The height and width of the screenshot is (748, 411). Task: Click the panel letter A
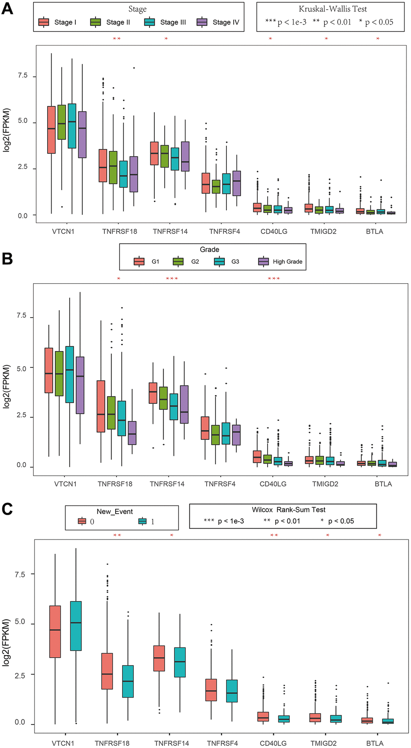click(7, 8)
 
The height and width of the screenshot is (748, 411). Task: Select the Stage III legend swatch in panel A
click(149, 22)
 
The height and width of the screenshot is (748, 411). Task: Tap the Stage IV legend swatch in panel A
click(202, 22)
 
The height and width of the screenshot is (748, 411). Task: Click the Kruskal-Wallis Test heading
click(332, 9)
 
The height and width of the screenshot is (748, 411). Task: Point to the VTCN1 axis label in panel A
click(63, 232)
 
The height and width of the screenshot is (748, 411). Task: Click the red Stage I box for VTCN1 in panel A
click(51, 130)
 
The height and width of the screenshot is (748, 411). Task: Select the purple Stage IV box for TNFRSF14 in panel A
click(185, 157)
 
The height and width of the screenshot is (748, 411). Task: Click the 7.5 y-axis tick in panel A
click(23, 76)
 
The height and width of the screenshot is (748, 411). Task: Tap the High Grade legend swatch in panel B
click(264, 261)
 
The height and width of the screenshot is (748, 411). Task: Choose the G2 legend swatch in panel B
click(178, 261)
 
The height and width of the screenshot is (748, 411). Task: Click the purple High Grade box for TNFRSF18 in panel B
click(132, 433)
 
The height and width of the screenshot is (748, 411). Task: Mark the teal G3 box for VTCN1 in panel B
click(70, 374)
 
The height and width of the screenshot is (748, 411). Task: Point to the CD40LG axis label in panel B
click(273, 484)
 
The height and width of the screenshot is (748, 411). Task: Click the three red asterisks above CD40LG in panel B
click(274, 279)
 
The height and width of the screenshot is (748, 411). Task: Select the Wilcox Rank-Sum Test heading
click(289, 510)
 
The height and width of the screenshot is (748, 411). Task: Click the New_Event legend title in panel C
click(114, 512)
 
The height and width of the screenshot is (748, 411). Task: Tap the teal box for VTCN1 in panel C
click(76, 626)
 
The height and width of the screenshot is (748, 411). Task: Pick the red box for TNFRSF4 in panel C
click(211, 690)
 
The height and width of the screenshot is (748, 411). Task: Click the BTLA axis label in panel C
click(375, 743)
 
